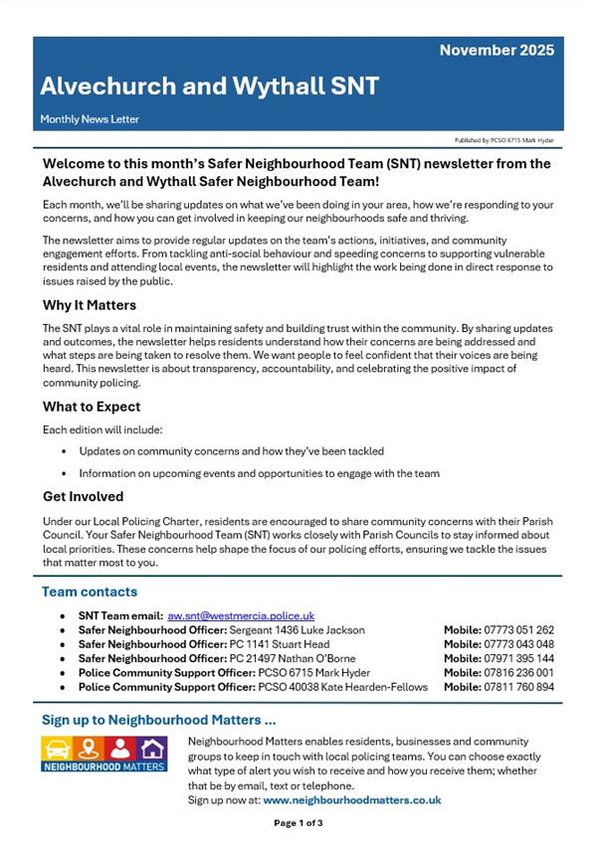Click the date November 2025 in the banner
pos(497,50)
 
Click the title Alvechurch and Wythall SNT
pos(209,86)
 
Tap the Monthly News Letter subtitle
pos(90,119)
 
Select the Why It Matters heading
pos(90,305)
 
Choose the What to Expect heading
pos(92,407)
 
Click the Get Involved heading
pos(84,496)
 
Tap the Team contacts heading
pos(90,592)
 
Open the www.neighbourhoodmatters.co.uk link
pos(352,799)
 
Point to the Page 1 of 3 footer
pos(298,823)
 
